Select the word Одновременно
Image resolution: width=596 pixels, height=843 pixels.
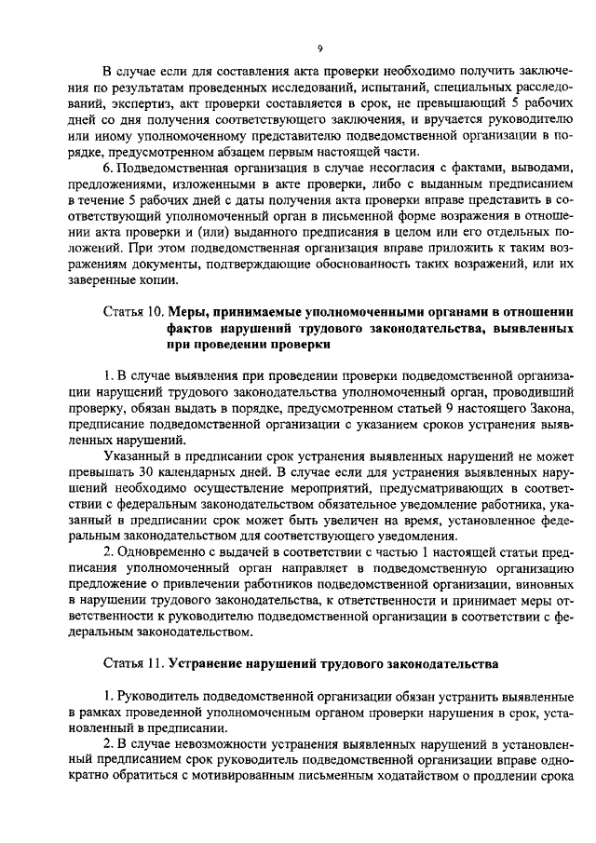pos(164,560)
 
